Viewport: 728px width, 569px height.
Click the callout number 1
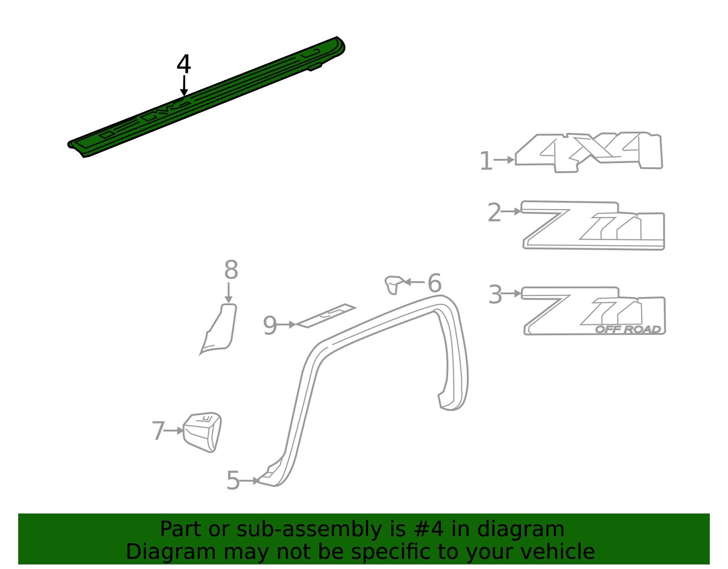coord(486,161)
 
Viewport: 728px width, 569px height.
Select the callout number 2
coord(494,212)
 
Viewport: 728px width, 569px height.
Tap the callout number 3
coord(495,294)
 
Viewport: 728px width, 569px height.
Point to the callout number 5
coord(233,480)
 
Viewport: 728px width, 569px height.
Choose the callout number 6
coord(435,282)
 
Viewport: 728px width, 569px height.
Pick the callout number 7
coord(158,431)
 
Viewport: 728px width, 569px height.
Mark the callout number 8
coord(231,270)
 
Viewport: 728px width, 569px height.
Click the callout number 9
coord(270,325)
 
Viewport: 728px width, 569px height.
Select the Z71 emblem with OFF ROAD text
coord(594,311)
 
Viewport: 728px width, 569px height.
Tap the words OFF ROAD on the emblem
coord(628,329)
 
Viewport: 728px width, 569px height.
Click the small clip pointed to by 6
coord(394,284)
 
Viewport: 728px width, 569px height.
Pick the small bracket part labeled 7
coord(202,432)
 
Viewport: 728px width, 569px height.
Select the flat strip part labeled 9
coord(325,316)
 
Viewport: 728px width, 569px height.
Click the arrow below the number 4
coord(184,86)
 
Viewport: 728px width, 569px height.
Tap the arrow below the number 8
coord(228,293)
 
